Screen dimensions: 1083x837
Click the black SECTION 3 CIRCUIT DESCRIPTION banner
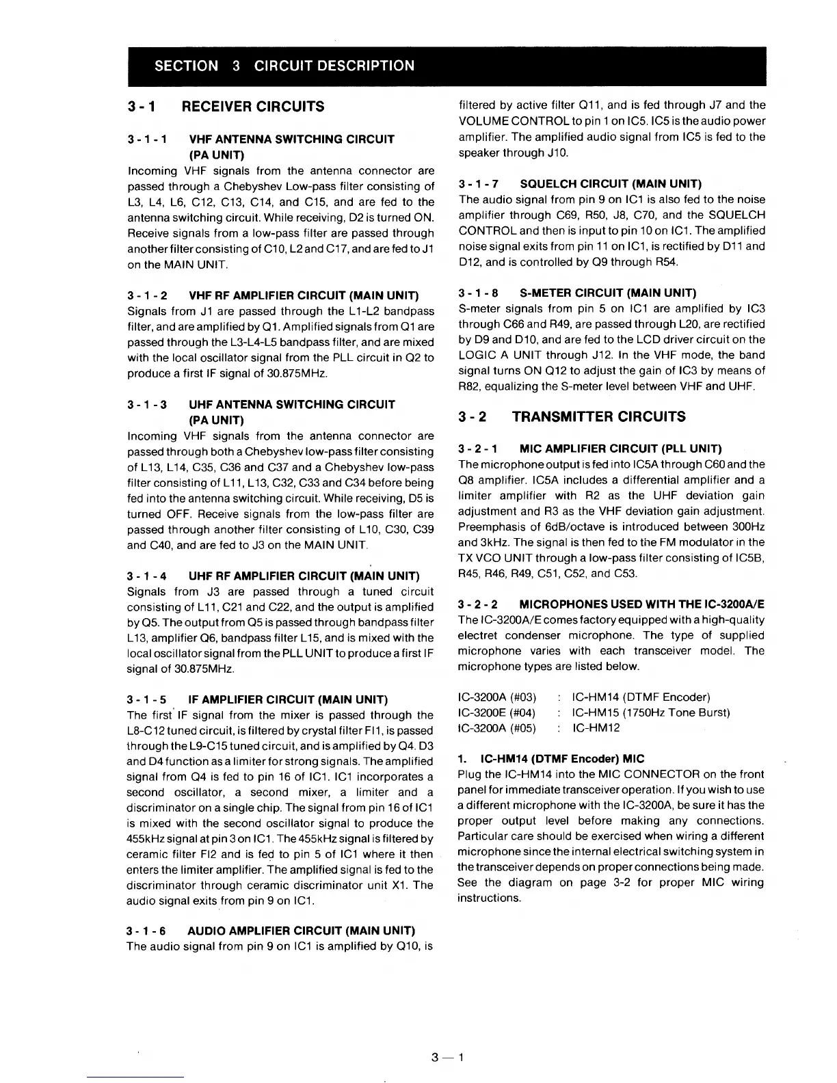coord(418,66)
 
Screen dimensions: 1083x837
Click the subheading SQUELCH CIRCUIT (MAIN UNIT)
coord(611,184)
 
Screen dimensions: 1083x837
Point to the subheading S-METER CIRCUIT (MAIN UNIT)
coord(608,293)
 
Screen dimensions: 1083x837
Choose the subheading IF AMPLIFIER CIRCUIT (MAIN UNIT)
coord(288,699)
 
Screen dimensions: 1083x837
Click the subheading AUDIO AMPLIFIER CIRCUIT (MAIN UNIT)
coord(302,931)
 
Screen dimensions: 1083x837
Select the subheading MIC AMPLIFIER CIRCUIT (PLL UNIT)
coord(620,449)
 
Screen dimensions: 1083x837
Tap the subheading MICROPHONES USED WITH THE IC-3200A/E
coord(641,604)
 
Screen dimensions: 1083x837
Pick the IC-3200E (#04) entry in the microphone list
coord(497,712)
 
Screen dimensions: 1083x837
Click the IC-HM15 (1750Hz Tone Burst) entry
coord(650,712)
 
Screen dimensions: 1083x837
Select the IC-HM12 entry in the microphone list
coord(596,727)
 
